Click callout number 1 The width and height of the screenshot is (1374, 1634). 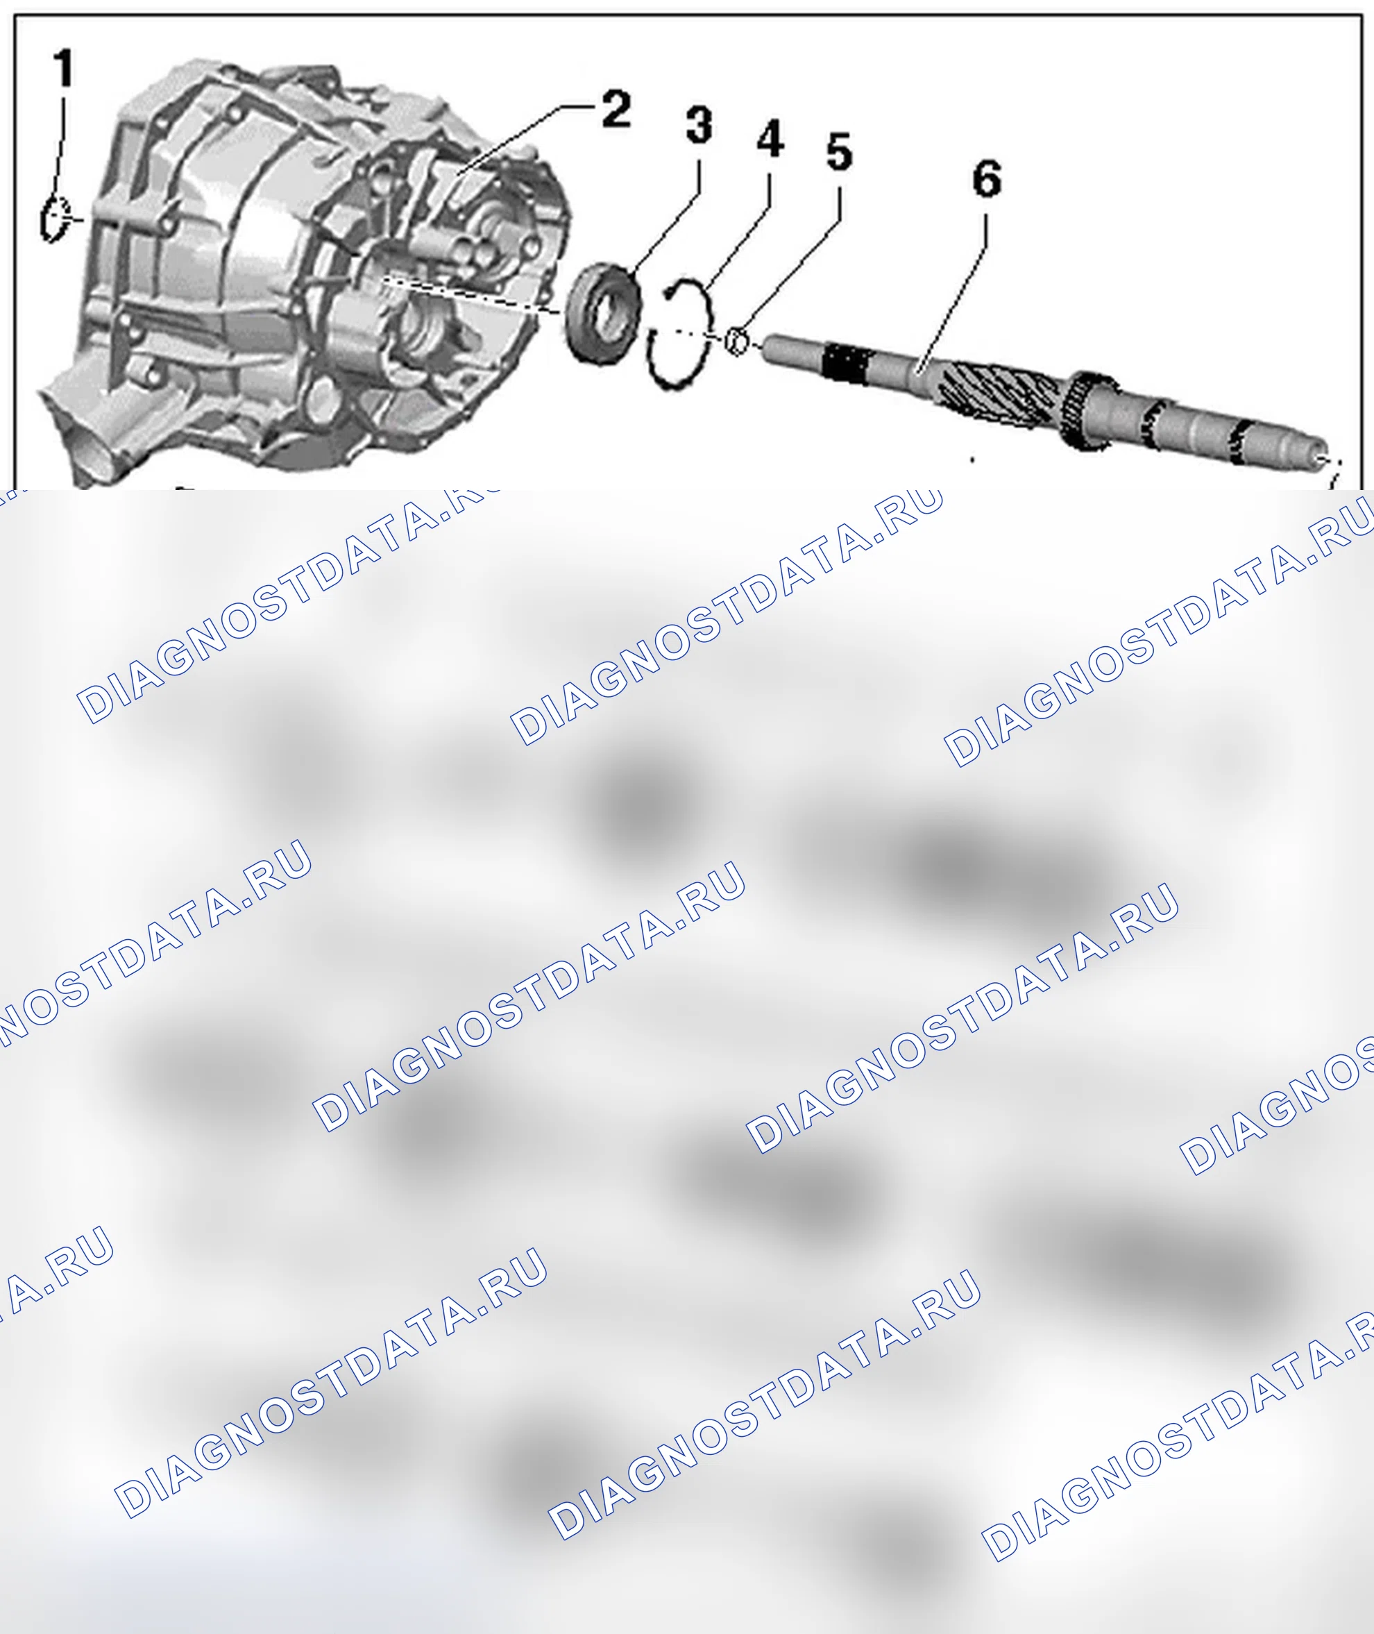coord(64,68)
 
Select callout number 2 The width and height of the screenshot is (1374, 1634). coord(616,109)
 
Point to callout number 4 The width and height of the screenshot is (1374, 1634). coord(770,139)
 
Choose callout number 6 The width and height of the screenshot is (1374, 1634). coord(986,178)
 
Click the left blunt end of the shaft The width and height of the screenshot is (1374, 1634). coord(769,348)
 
